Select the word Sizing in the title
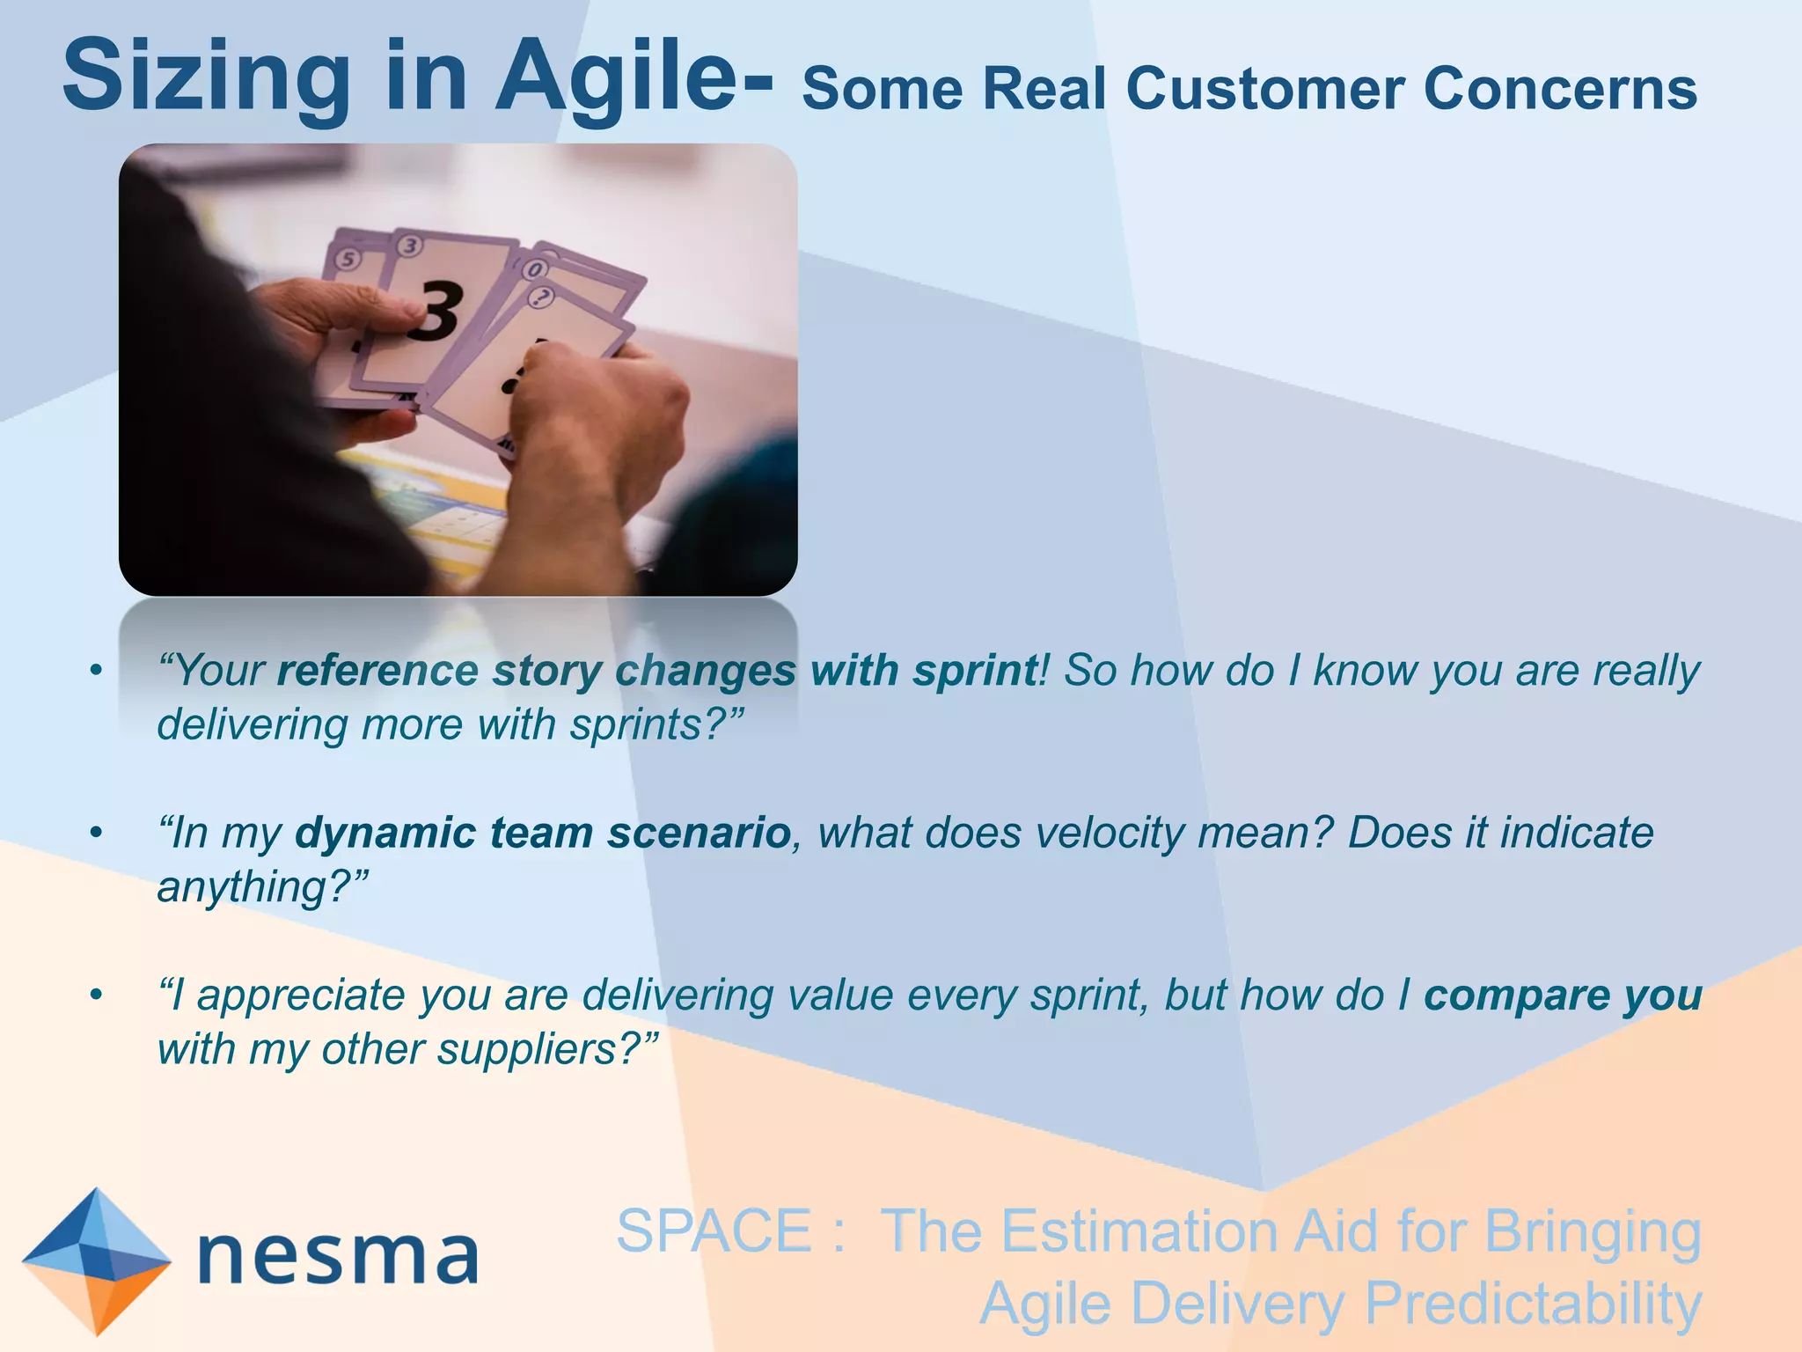(x=207, y=77)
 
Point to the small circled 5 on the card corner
(x=349, y=259)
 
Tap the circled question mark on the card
(x=543, y=298)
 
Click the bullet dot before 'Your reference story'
(x=97, y=672)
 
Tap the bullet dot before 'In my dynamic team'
(x=97, y=833)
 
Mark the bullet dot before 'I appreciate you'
(x=97, y=996)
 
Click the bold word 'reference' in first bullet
(x=377, y=671)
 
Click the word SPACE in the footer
(x=714, y=1231)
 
